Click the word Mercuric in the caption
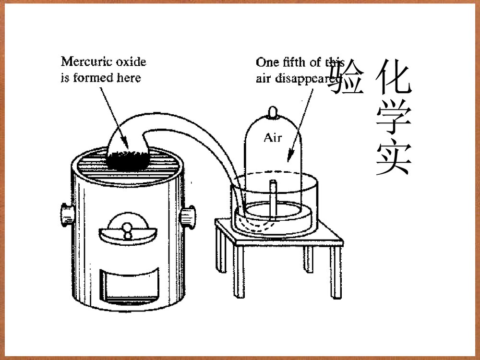pyautogui.click(x=84, y=61)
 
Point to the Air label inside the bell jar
pyautogui.click(x=273, y=138)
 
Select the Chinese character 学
pyautogui.click(x=394, y=118)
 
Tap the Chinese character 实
pyautogui.click(x=394, y=158)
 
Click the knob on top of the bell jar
pyautogui.click(x=273, y=112)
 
